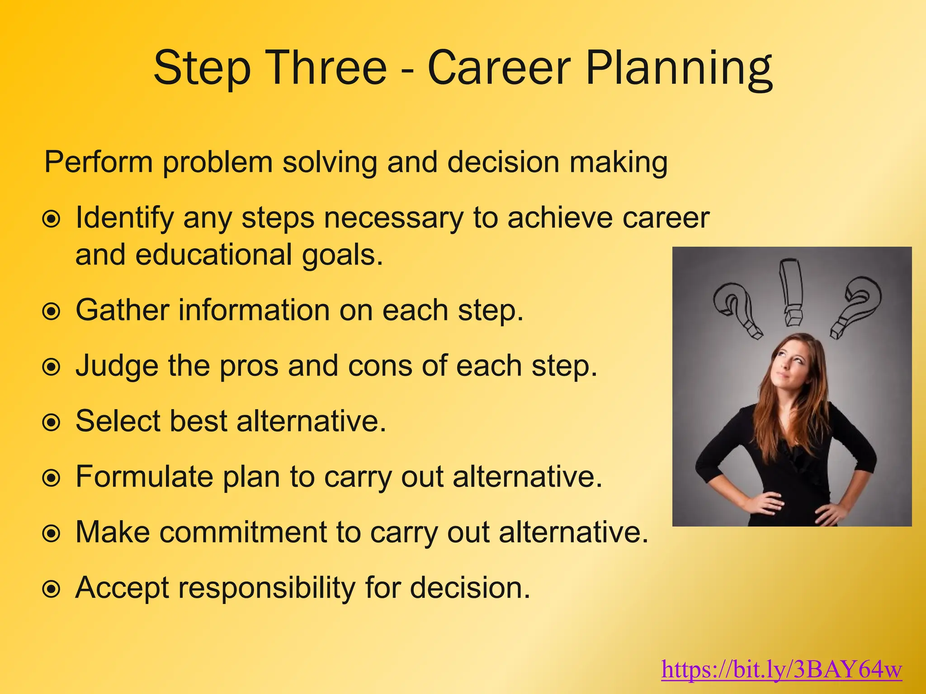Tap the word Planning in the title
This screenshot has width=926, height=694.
pyautogui.click(x=679, y=69)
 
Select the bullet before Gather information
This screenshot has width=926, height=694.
pyautogui.click(x=51, y=311)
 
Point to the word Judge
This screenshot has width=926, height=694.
pyautogui.click(x=117, y=366)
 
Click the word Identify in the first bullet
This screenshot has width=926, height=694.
pyautogui.click(x=124, y=219)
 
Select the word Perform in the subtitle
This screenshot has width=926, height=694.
pyautogui.click(x=99, y=162)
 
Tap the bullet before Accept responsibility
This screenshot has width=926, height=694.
pyautogui.click(x=51, y=589)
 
